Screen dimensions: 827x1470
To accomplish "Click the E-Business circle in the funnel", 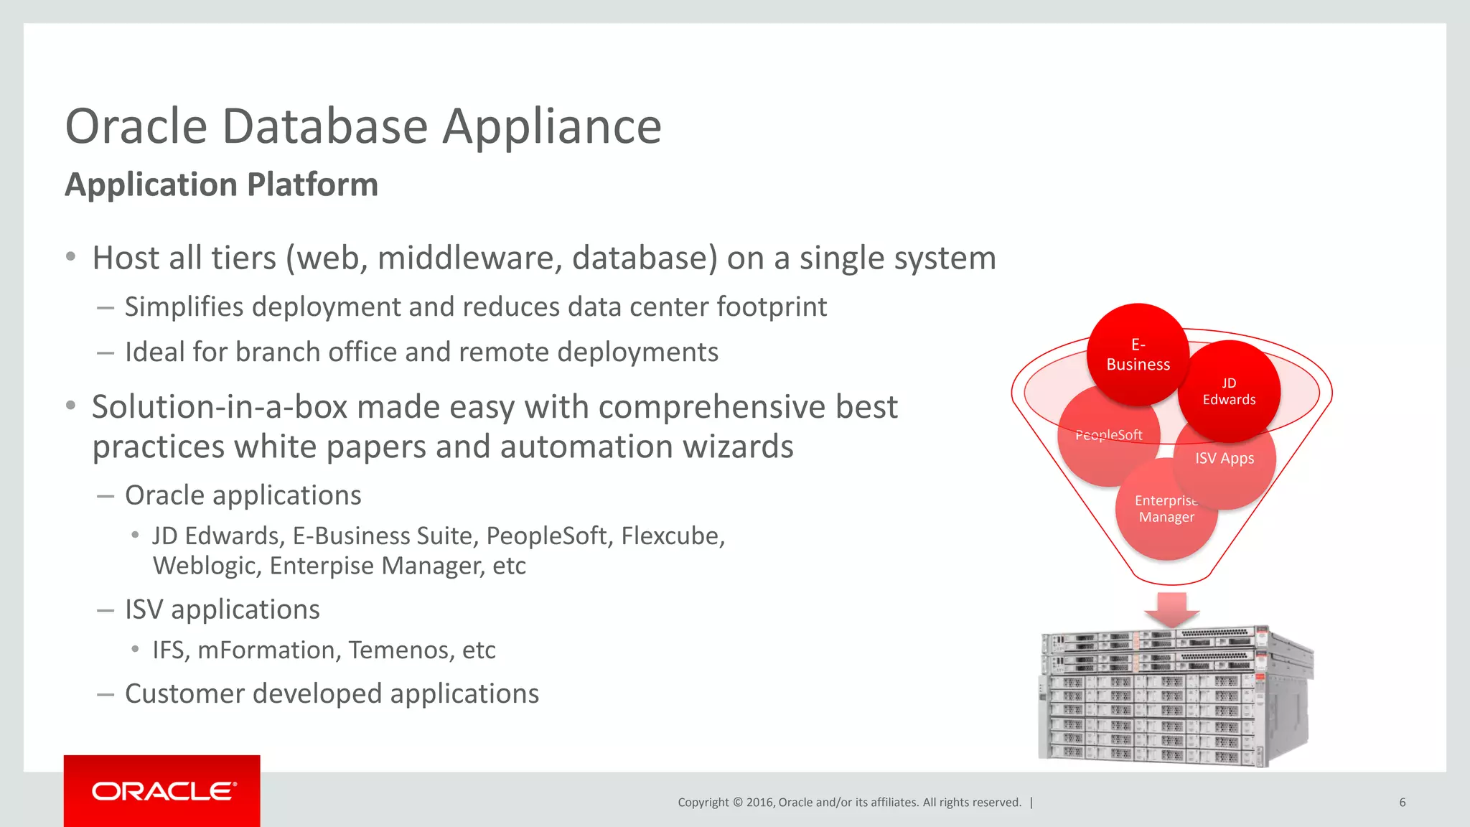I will pos(1138,355).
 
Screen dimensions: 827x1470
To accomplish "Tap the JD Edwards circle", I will pos(1229,391).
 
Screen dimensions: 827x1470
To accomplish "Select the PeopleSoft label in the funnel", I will pos(1108,435).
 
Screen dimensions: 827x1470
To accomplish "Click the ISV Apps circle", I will pos(1225,458).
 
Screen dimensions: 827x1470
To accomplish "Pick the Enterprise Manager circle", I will pos(1166,509).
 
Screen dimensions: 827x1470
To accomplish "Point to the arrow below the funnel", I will pos(1171,609).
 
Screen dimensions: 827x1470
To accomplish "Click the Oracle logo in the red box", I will pos(162,791).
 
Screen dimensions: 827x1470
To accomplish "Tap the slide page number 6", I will pos(1402,803).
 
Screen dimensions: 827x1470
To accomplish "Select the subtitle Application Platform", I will pos(221,184).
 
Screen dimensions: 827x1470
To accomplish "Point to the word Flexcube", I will pos(673,536).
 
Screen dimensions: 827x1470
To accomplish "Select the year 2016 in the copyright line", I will pos(760,803).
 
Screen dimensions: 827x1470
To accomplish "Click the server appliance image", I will pos(1176,694).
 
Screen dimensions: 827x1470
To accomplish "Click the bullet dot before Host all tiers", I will pos(70,257).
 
